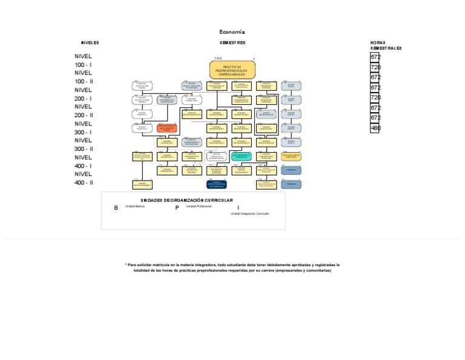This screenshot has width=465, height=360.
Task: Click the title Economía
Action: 232,32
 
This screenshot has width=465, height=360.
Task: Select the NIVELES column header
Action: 90,43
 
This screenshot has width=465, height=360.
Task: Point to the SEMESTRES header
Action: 232,43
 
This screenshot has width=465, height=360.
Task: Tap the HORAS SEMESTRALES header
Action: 386,45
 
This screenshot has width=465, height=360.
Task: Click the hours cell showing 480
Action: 375,128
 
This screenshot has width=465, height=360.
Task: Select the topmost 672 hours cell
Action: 375,57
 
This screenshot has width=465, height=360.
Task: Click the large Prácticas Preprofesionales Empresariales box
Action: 232,70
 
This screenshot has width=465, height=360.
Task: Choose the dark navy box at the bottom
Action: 216,184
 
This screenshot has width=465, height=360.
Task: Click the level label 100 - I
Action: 84,64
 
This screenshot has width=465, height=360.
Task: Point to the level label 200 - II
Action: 84,115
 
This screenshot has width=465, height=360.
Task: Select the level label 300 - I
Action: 84,132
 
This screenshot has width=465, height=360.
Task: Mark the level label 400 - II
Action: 84,182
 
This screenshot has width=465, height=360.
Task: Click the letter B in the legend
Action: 116,208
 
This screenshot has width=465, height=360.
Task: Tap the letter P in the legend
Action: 177,208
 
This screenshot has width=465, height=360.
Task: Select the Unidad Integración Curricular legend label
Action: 249,214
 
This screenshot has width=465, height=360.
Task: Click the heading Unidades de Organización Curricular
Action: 186,200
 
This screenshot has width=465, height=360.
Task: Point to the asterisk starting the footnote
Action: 126,265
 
